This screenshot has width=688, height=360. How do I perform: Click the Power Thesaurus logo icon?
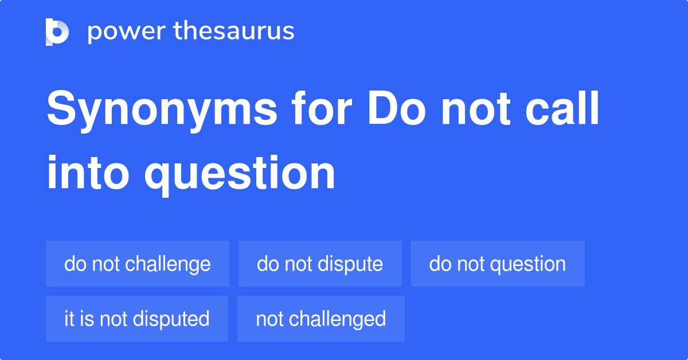[57, 32]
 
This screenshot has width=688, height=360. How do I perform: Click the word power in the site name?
[127, 32]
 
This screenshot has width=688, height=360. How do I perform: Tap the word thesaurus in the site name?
[234, 30]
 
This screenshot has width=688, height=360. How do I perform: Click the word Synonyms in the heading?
[162, 111]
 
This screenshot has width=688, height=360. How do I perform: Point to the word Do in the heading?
[397, 108]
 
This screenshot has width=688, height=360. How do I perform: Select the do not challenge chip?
[138, 264]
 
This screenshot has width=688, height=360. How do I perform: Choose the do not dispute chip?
[320, 264]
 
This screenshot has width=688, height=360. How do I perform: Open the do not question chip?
[498, 264]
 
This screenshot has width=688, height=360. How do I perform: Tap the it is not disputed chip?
[137, 319]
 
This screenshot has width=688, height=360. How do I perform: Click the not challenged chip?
[321, 319]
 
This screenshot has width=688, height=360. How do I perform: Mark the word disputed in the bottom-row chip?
[171, 319]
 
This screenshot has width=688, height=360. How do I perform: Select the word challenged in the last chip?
[337, 320]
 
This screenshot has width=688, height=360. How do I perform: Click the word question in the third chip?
[528, 265]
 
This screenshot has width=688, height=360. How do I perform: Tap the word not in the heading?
[476, 109]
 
